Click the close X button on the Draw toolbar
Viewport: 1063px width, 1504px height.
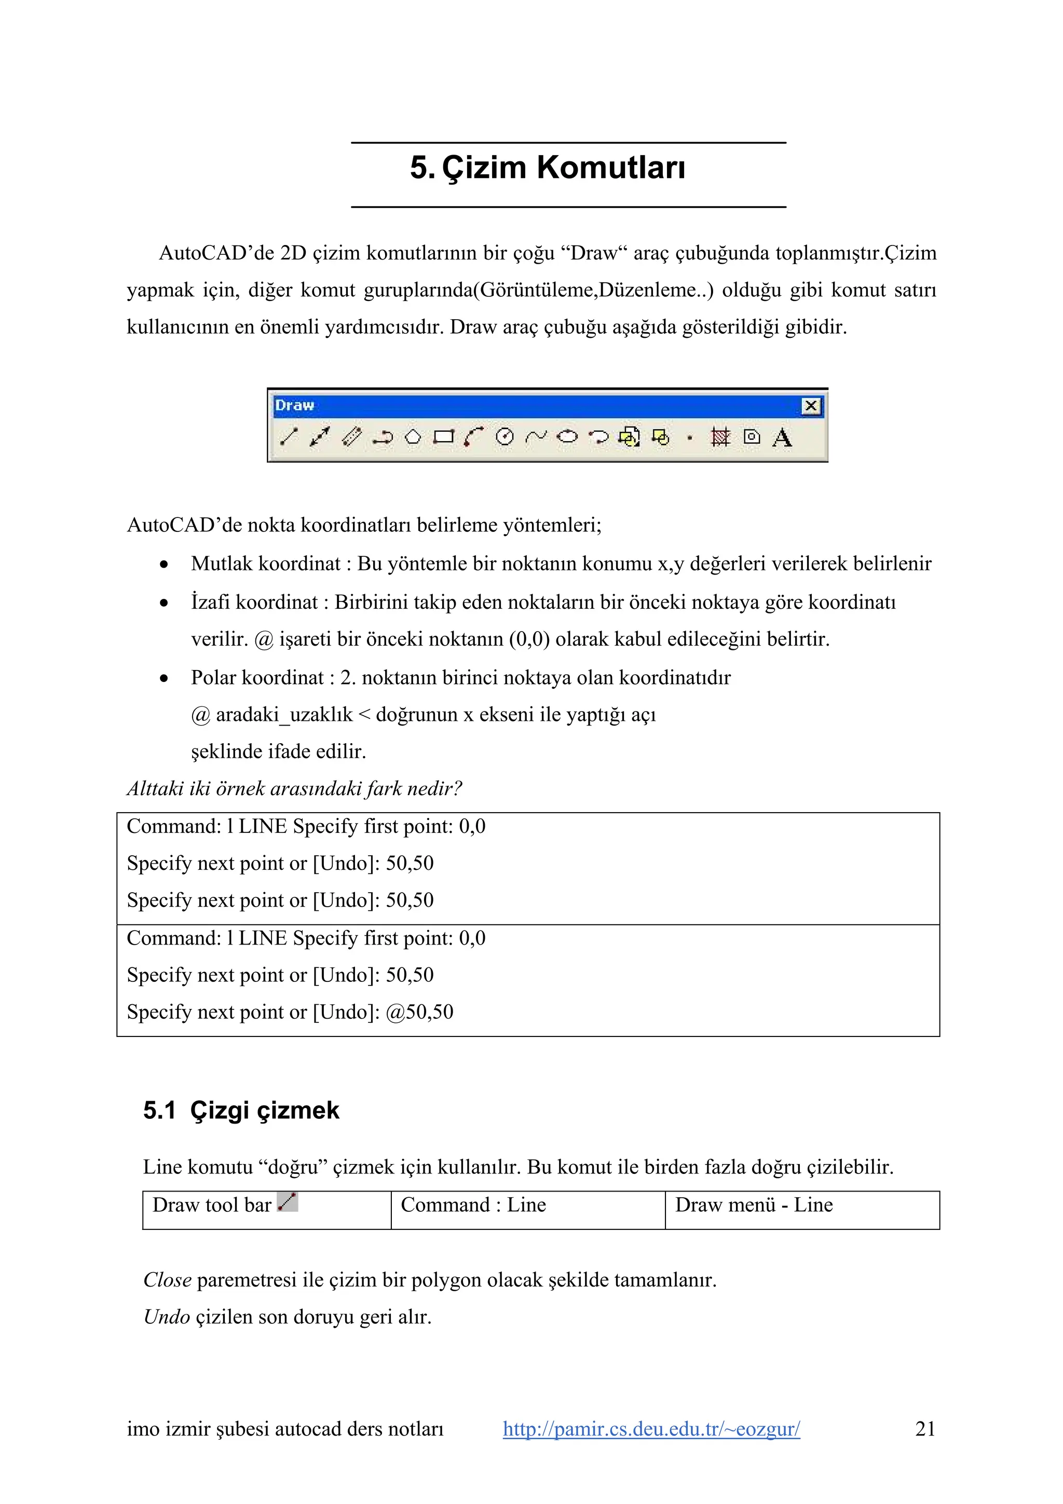[811, 406]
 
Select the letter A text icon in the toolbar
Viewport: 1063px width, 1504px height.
[782, 437]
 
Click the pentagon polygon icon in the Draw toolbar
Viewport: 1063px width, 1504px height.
[413, 437]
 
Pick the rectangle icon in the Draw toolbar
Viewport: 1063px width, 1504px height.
[444, 437]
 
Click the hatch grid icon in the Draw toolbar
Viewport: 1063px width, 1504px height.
[720, 437]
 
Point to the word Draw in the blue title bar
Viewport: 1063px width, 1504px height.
[295, 405]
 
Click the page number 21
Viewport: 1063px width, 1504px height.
[925, 1429]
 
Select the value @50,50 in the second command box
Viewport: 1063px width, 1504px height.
[419, 1012]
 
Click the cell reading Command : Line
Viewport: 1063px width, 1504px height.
[473, 1205]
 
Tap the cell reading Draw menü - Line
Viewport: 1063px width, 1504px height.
[753, 1205]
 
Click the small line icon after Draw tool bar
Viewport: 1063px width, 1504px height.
[288, 1202]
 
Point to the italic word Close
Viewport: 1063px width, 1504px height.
[167, 1280]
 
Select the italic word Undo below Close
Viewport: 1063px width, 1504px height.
[167, 1317]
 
